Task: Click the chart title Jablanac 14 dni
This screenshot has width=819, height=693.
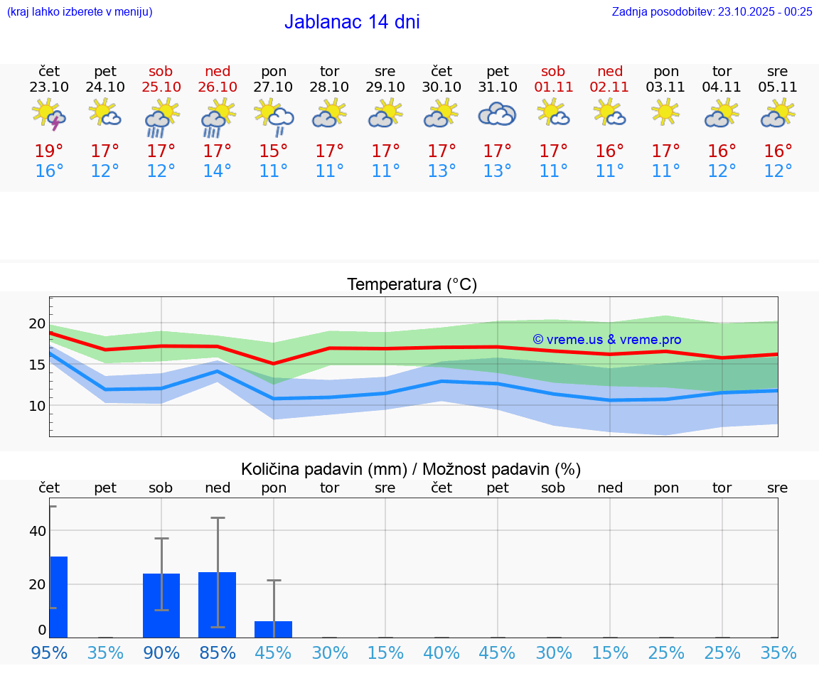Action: coord(352,22)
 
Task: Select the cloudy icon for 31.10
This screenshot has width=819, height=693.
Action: coord(497,114)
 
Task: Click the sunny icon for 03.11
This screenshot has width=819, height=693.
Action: coord(666,112)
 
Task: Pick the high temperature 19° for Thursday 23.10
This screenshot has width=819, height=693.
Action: coord(49,151)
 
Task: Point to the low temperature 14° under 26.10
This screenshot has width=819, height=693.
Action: coord(218,171)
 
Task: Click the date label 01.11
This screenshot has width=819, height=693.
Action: coord(553,87)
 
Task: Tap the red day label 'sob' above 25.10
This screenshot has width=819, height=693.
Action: coord(161,71)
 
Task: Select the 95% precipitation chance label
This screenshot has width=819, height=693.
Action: coord(49,652)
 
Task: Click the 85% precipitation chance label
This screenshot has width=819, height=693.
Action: coord(218,652)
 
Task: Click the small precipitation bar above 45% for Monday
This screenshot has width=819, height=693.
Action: coord(274,630)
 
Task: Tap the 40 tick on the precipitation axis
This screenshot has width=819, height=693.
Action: coord(38,531)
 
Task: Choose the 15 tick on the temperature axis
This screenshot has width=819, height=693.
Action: coord(37,365)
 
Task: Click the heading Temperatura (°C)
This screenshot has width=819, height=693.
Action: coord(412,285)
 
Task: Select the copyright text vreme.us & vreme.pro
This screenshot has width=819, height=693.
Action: coord(607,340)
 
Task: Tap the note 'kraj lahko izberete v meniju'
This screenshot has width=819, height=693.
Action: coord(80,11)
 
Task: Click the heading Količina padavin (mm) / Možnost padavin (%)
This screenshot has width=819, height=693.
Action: coord(411,469)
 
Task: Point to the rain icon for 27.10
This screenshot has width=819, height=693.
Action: coord(274,117)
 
